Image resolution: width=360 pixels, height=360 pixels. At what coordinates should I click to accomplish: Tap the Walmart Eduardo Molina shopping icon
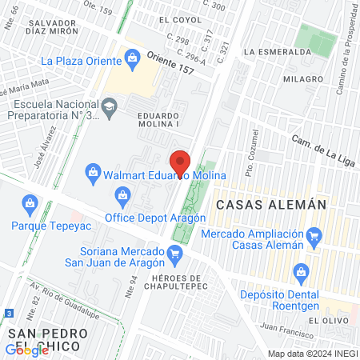click(94, 172)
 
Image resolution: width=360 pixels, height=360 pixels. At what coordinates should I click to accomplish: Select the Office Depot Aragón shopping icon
click(123, 194)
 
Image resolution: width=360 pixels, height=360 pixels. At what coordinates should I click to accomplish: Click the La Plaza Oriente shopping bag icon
click(130, 57)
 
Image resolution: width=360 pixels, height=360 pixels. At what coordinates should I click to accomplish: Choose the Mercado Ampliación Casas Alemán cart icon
click(314, 235)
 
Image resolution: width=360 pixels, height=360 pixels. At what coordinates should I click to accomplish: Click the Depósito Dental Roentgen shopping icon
click(301, 271)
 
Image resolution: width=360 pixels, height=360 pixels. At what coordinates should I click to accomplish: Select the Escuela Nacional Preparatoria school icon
click(109, 105)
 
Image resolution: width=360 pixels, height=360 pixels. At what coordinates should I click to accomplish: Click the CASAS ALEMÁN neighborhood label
click(268, 205)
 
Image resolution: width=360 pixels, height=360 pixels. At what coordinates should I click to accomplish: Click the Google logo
click(26, 350)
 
